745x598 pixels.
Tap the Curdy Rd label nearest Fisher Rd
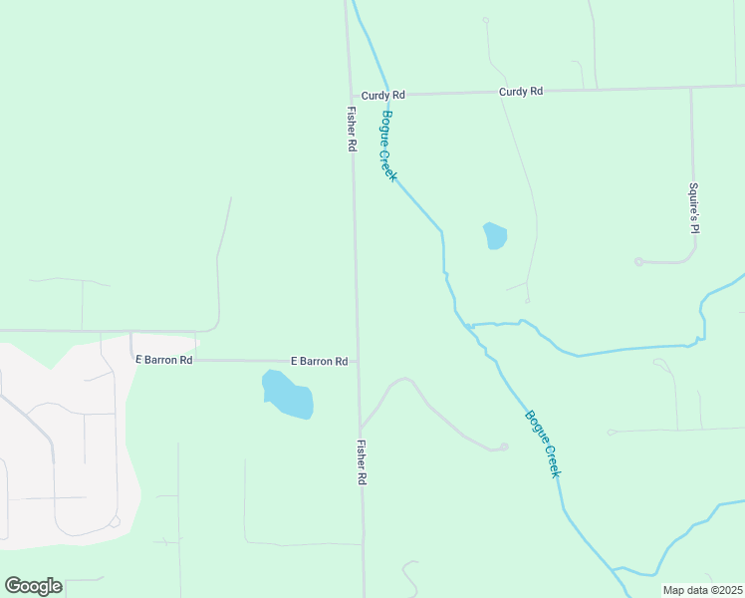click(x=383, y=95)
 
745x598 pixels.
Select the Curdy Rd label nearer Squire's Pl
click(x=521, y=92)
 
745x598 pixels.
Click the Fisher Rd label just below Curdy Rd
click(x=352, y=129)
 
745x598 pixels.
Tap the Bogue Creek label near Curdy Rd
click(x=389, y=146)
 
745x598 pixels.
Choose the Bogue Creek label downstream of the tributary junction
click(x=544, y=444)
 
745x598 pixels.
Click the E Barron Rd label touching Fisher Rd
click(x=319, y=361)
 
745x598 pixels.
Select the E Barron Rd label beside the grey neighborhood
click(x=164, y=360)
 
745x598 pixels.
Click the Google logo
click(x=33, y=586)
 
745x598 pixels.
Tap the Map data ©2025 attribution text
click(x=702, y=590)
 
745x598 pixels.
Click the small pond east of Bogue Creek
click(x=495, y=236)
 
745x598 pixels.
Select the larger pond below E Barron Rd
click(x=288, y=395)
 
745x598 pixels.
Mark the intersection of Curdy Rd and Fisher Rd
click(x=349, y=95)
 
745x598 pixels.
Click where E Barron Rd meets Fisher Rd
click(x=358, y=361)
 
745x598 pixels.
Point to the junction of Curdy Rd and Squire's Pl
click(x=691, y=88)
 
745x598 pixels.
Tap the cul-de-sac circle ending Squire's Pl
click(x=638, y=262)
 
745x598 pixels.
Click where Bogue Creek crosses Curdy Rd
click(x=377, y=95)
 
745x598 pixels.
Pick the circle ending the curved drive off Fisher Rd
click(x=504, y=447)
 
